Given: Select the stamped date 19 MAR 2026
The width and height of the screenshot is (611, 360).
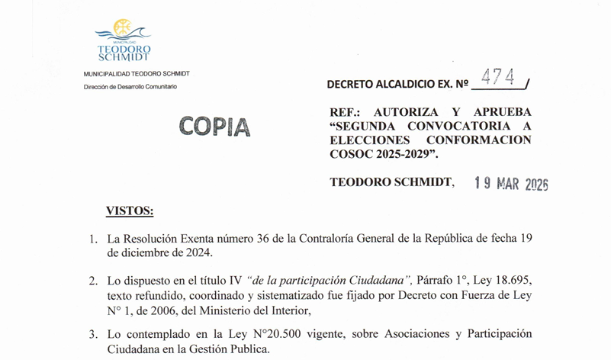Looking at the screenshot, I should (x=511, y=183).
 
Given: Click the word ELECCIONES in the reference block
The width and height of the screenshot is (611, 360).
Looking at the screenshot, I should (x=365, y=140).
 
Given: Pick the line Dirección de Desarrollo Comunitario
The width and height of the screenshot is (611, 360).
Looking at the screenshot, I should (x=130, y=87).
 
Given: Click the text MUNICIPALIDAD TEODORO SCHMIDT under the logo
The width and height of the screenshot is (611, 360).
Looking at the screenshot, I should (x=137, y=73).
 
